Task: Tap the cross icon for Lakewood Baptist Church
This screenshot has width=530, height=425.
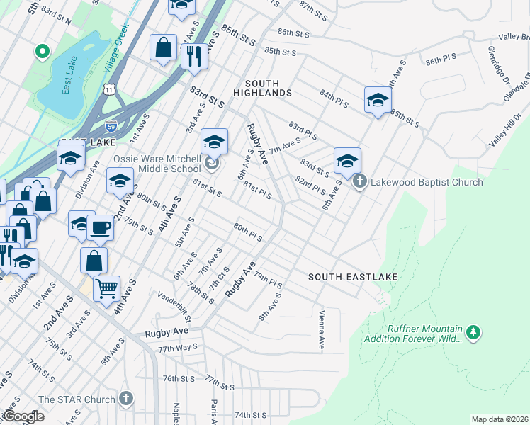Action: (x=360, y=182)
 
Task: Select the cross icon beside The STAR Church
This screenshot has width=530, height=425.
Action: (x=127, y=399)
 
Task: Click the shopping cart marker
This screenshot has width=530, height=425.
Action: (x=106, y=288)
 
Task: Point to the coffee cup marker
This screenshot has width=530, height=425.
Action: (x=101, y=228)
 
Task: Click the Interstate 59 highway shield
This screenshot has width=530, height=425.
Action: (x=111, y=126)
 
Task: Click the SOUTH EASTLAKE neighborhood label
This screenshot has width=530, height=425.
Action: (x=352, y=276)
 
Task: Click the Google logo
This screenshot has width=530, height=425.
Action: (x=24, y=416)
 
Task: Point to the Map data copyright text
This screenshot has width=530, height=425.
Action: (x=500, y=419)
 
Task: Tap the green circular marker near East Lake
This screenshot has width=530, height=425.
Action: (x=42, y=51)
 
